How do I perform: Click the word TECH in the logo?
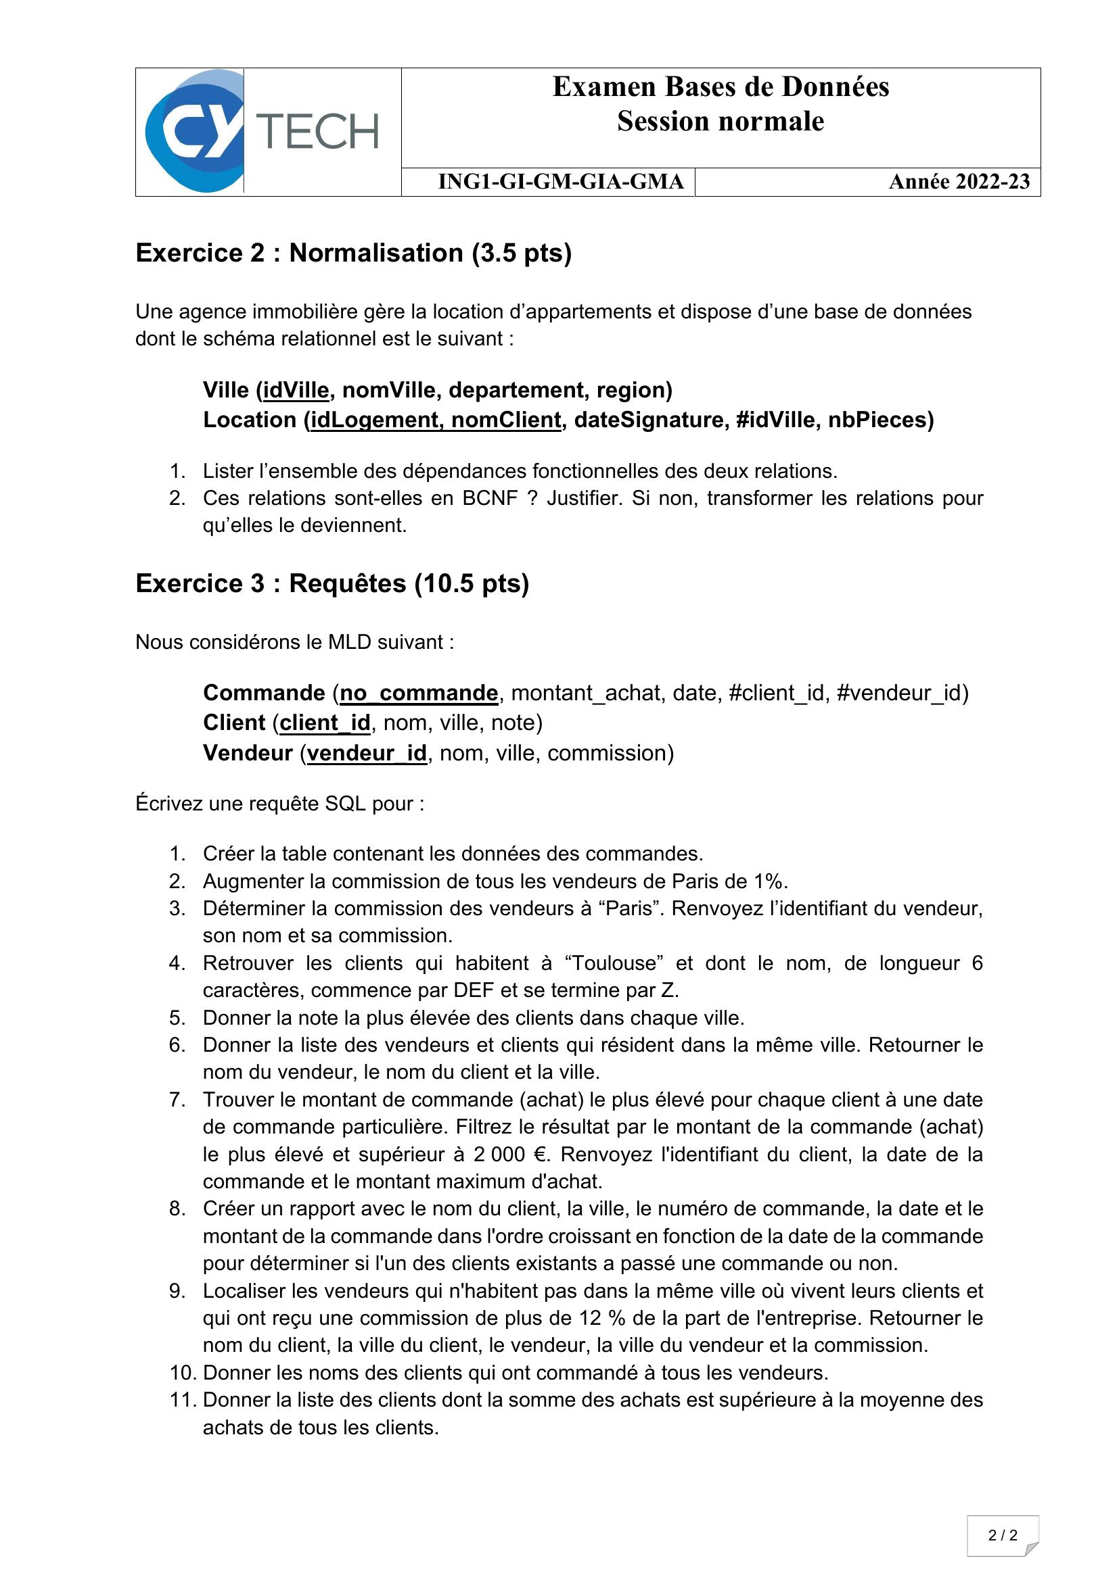(318, 131)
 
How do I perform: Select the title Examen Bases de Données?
(720, 87)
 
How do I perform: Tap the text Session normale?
(720, 122)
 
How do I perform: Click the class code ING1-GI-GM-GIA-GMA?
(561, 182)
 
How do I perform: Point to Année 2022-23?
(959, 182)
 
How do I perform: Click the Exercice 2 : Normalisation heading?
(353, 253)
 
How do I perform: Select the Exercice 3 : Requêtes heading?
(332, 583)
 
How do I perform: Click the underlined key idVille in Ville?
(296, 391)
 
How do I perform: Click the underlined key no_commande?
(419, 693)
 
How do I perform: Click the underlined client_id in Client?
(325, 723)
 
